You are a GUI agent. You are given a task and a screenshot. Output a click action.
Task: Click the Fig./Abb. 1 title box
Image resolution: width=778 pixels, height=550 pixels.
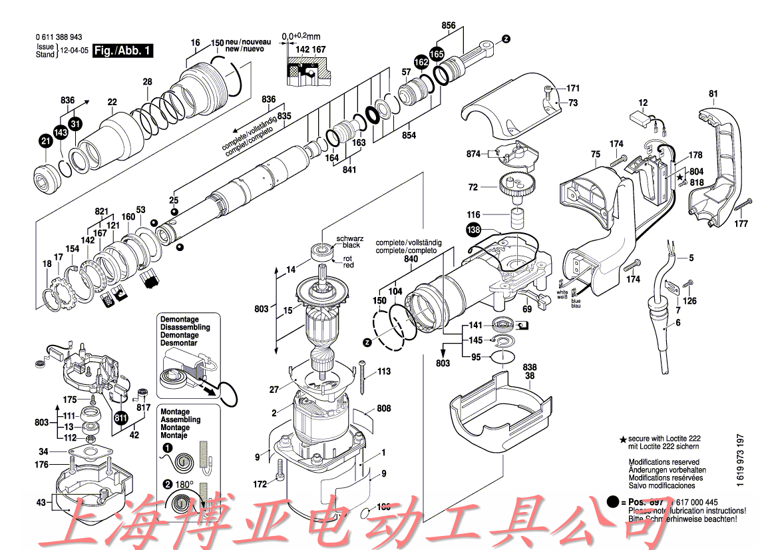tap(123, 51)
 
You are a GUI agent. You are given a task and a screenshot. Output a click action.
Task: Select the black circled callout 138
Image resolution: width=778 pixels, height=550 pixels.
tap(473, 230)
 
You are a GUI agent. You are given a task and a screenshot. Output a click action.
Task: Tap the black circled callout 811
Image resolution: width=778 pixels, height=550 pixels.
tap(121, 418)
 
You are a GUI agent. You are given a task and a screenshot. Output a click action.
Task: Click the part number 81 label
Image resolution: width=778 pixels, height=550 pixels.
tap(713, 93)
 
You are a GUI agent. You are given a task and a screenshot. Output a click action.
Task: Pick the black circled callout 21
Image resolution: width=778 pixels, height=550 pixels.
tap(45, 140)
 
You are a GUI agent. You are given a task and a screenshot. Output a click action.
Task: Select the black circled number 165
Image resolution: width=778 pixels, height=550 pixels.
tap(437, 53)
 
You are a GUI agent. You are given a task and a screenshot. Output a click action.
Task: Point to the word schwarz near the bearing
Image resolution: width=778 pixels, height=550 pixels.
tap(348, 238)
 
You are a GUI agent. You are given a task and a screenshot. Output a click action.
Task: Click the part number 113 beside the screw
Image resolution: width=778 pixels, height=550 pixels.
tap(384, 371)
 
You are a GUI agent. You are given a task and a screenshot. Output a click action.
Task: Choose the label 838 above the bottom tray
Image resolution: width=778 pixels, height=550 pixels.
tap(530, 368)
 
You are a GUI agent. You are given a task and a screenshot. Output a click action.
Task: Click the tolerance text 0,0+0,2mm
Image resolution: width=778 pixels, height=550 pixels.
tap(301, 35)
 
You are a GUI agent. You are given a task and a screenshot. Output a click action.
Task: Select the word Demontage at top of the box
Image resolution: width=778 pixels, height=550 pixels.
tap(179, 320)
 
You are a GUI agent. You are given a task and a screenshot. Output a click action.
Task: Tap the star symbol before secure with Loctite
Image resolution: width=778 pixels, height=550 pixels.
tap(623, 439)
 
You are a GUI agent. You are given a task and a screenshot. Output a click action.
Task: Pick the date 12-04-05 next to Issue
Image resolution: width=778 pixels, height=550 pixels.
tap(74, 51)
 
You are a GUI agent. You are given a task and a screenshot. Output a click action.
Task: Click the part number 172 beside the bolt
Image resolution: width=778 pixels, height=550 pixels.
tap(260, 483)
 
